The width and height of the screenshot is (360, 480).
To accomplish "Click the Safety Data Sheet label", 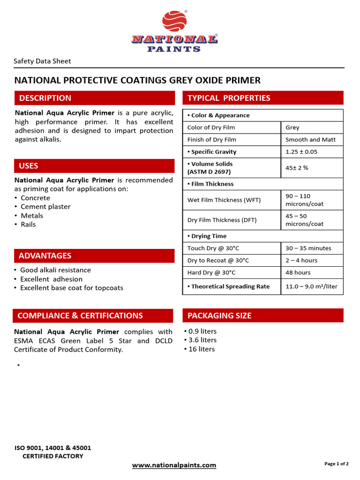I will click(42, 61).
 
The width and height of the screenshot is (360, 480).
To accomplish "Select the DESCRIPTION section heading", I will click(45, 98).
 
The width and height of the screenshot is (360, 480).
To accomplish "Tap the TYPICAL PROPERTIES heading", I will click(229, 98).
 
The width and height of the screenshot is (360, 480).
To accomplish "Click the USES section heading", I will click(29, 166).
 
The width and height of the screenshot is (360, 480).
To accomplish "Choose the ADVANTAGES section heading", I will click(45, 255).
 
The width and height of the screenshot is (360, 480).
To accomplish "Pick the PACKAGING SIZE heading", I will click(219, 315).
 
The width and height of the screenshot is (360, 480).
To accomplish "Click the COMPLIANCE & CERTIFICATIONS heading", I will click(80, 315).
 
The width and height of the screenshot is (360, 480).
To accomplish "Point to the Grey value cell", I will click(292, 127).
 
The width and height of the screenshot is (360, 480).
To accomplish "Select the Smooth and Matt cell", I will click(310, 140).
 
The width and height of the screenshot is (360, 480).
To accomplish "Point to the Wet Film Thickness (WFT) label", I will click(224, 200).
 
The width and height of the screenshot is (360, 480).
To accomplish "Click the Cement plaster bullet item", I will click(45, 207).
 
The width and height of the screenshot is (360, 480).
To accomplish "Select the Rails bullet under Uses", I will click(28, 225).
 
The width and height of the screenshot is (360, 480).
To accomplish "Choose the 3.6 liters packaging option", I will click(202, 340).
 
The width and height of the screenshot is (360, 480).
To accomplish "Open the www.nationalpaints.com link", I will click(174, 465).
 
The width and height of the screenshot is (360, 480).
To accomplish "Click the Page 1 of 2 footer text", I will click(336, 464).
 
